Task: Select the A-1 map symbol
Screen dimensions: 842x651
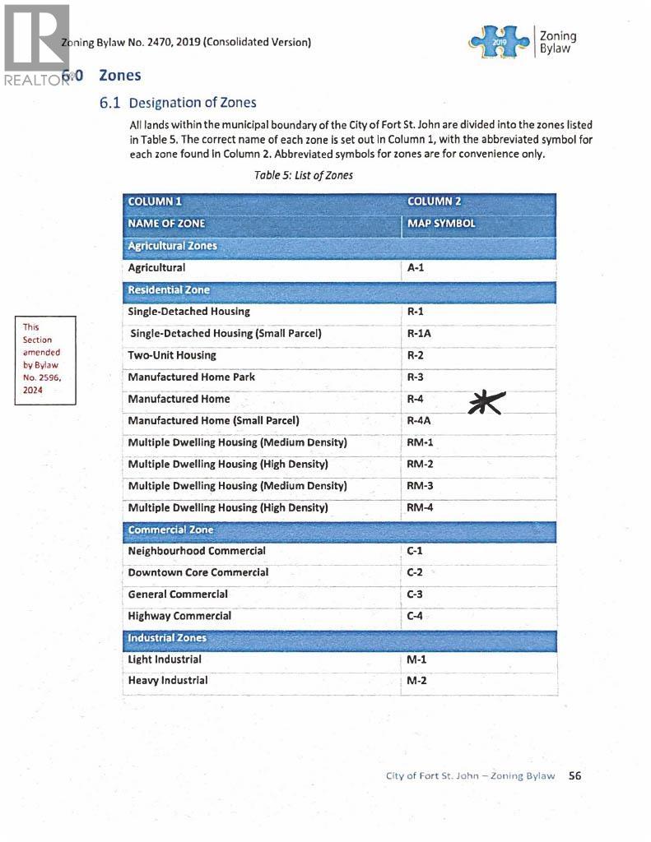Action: [416, 268]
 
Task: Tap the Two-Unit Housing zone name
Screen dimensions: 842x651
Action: [172, 355]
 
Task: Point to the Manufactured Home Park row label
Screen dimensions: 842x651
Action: [191, 377]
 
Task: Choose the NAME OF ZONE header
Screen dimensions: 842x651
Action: [166, 224]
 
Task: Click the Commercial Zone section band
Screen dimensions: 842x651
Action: [170, 530]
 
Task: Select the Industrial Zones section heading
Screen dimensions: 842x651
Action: [167, 638]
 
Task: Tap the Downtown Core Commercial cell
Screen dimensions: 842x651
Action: [198, 572]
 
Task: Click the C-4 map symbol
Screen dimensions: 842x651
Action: [415, 616]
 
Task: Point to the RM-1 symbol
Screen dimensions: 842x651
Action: [420, 442]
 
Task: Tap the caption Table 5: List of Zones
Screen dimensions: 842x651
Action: [304, 175]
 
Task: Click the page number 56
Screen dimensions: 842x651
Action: [574, 775]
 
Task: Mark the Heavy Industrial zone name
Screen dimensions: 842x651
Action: [168, 681]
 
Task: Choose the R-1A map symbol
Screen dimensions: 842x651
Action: [419, 334]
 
